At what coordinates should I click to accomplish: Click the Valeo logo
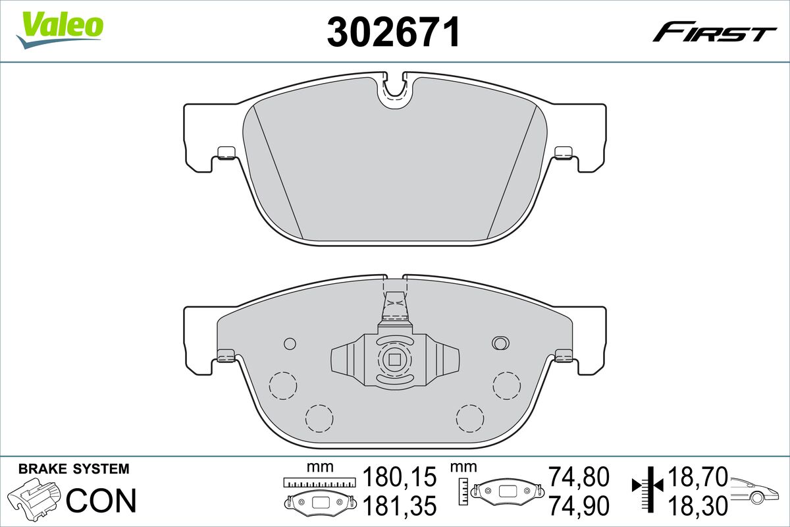coord(60,30)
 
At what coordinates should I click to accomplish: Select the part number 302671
coord(394,32)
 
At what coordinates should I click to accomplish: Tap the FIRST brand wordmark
coord(714,36)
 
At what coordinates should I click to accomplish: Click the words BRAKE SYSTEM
coord(74,469)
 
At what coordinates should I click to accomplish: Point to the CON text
coord(101,500)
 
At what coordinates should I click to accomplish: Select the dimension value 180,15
coord(400,476)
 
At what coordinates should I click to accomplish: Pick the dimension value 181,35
coord(400,505)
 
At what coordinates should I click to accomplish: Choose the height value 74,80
coord(579,476)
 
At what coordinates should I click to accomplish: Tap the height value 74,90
coord(579,505)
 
